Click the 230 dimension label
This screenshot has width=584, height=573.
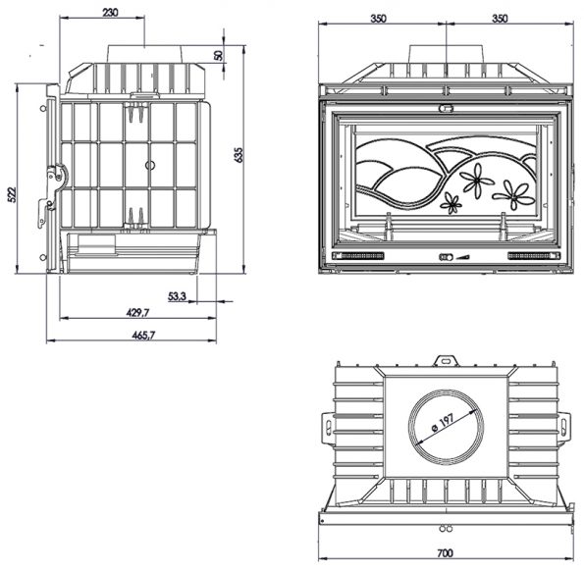point(110,13)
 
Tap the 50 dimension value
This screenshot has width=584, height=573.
point(219,56)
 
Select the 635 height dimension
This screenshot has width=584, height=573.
point(239,155)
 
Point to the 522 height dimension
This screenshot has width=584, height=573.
point(13,194)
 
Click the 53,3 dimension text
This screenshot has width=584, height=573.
point(177,296)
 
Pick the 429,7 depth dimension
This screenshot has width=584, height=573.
point(137,313)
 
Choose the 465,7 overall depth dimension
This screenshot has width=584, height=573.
point(143,336)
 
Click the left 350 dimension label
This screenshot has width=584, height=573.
point(379,19)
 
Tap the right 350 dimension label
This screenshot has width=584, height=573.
point(500,19)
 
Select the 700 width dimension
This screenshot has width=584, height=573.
point(445,553)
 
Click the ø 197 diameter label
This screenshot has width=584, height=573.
point(443,423)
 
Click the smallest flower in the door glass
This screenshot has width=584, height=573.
point(451,203)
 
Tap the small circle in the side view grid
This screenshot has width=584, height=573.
point(150,165)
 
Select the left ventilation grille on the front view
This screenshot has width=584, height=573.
point(358,256)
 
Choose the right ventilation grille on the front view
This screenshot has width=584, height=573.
point(534,256)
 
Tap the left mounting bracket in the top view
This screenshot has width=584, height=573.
point(328,428)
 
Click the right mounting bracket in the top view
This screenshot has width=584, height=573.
point(564,427)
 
